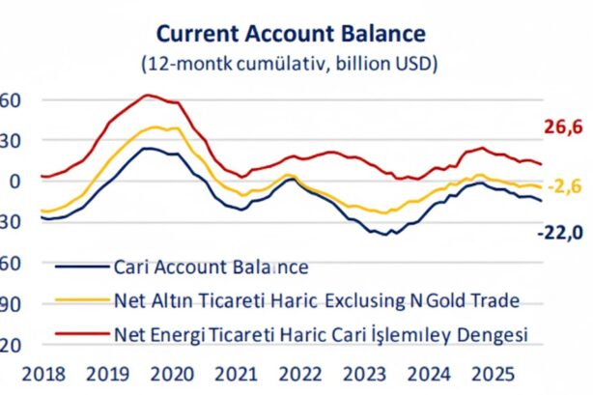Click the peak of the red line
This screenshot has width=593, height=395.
[147, 95]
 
